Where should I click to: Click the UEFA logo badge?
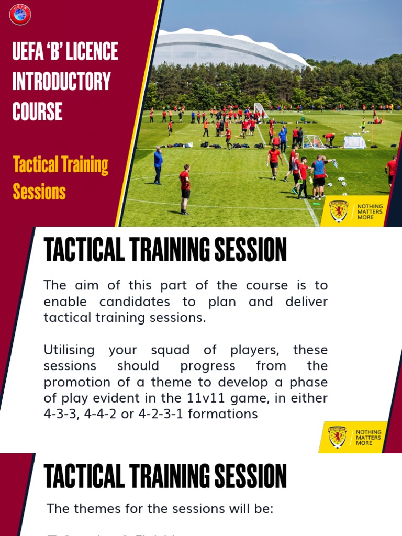pos(20,14)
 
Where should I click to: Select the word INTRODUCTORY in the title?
pos(61,82)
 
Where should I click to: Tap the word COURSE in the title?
pos(37,111)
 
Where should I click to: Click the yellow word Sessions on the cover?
pos(39,192)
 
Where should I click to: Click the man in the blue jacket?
pos(158,165)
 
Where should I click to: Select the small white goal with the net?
pos(314,141)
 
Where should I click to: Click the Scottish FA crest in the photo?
pos(338,210)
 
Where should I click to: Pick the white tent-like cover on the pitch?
pos(354,141)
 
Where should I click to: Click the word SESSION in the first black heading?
pos(248,250)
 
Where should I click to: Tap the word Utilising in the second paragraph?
pos(69,350)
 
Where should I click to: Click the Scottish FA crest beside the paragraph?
pos(338,437)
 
